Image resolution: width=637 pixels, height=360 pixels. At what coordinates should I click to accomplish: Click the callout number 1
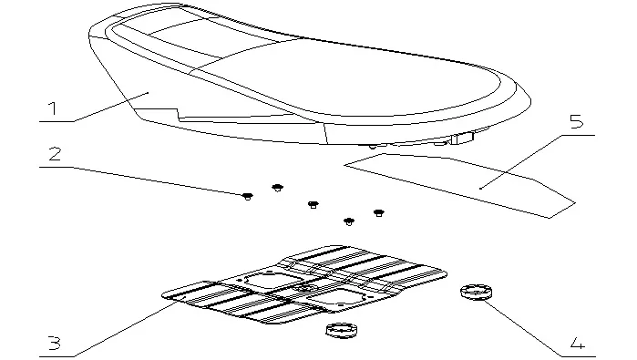(x=52, y=108)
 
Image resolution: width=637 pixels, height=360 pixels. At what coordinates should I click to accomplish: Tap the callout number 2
(x=55, y=154)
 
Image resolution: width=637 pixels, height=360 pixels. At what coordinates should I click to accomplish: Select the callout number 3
(x=54, y=344)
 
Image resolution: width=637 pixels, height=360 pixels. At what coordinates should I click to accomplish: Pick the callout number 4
(x=578, y=344)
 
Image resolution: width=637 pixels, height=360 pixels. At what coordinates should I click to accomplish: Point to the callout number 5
(x=577, y=121)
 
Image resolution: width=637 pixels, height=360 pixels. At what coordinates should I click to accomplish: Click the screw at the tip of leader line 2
(x=248, y=197)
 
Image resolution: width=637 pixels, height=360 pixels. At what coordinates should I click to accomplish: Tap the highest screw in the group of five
(x=277, y=188)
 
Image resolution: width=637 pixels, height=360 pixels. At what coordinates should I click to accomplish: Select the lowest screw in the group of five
(x=349, y=221)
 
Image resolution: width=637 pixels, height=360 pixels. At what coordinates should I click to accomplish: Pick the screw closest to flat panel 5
(x=378, y=213)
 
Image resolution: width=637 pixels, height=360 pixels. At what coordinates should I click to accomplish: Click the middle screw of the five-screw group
(x=313, y=204)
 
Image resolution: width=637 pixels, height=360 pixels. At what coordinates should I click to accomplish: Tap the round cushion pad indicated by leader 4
(x=476, y=293)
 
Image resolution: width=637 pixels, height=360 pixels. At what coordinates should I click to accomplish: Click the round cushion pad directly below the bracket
(x=341, y=330)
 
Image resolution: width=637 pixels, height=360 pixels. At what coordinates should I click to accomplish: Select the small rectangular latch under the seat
(x=462, y=138)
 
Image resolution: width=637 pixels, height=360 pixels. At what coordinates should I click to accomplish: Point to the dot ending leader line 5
(x=480, y=188)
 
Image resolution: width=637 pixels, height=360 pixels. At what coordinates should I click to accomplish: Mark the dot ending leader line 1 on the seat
(x=148, y=93)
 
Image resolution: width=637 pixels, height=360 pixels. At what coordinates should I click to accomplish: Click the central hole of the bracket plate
(x=305, y=289)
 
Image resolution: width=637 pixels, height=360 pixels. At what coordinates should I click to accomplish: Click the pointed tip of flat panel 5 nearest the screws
(x=344, y=165)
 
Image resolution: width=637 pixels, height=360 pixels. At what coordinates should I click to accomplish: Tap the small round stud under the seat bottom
(x=373, y=147)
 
